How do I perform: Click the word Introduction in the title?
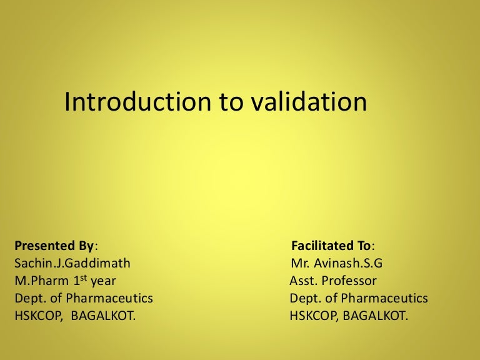(x=137, y=101)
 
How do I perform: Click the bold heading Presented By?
(x=54, y=246)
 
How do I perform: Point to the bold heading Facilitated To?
(x=331, y=246)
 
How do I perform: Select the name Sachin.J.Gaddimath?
(x=72, y=263)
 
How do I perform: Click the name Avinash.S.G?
(x=348, y=263)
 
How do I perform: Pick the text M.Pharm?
(x=42, y=281)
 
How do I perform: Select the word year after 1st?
(x=104, y=282)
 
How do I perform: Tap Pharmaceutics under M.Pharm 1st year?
(x=109, y=298)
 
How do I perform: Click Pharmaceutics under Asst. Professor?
(x=384, y=298)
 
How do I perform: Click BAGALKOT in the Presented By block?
(x=103, y=316)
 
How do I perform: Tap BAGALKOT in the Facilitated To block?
(x=375, y=316)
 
